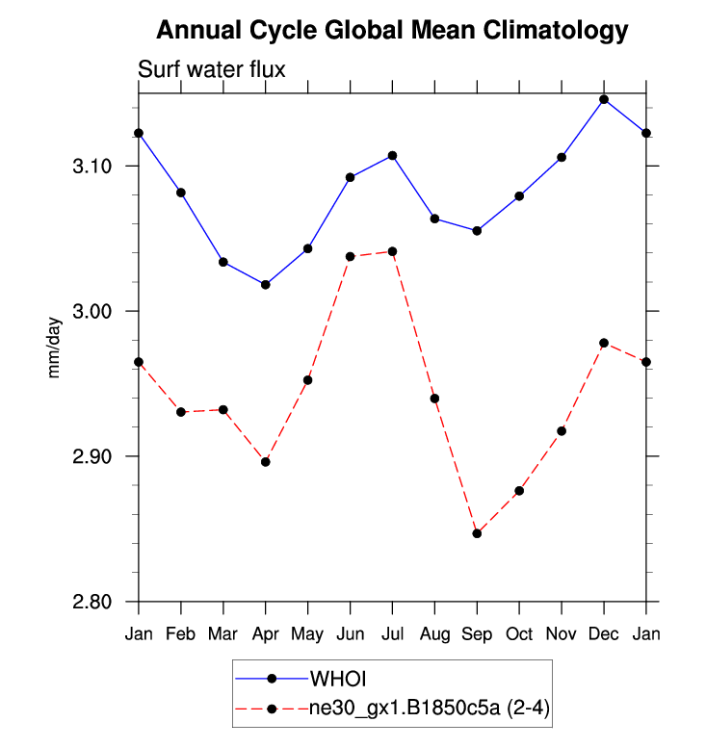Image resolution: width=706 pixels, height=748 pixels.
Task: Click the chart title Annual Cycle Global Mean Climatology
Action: (392, 31)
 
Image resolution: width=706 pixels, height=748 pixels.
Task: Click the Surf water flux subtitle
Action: (212, 69)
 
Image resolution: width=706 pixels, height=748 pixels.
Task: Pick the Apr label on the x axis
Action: (266, 633)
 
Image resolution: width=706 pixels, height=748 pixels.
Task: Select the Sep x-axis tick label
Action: (477, 633)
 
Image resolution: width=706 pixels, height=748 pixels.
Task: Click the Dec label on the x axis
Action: (604, 633)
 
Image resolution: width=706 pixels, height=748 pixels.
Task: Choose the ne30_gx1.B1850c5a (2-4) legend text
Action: (429, 709)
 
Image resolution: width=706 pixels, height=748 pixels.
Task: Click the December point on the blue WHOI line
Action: (604, 99)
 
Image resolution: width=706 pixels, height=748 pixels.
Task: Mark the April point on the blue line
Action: (266, 285)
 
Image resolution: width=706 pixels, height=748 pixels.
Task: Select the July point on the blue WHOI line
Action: (392, 155)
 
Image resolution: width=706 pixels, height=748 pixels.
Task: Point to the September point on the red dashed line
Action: (477, 533)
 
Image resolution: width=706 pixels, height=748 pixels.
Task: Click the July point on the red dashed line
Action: (392, 251)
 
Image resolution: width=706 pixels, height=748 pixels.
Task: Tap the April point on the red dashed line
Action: (266, 462)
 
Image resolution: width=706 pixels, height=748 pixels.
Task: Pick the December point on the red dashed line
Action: (604, 344)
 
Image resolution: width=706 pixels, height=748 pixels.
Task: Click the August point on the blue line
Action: (434, 219)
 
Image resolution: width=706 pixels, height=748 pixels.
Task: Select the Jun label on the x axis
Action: (350, 633)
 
